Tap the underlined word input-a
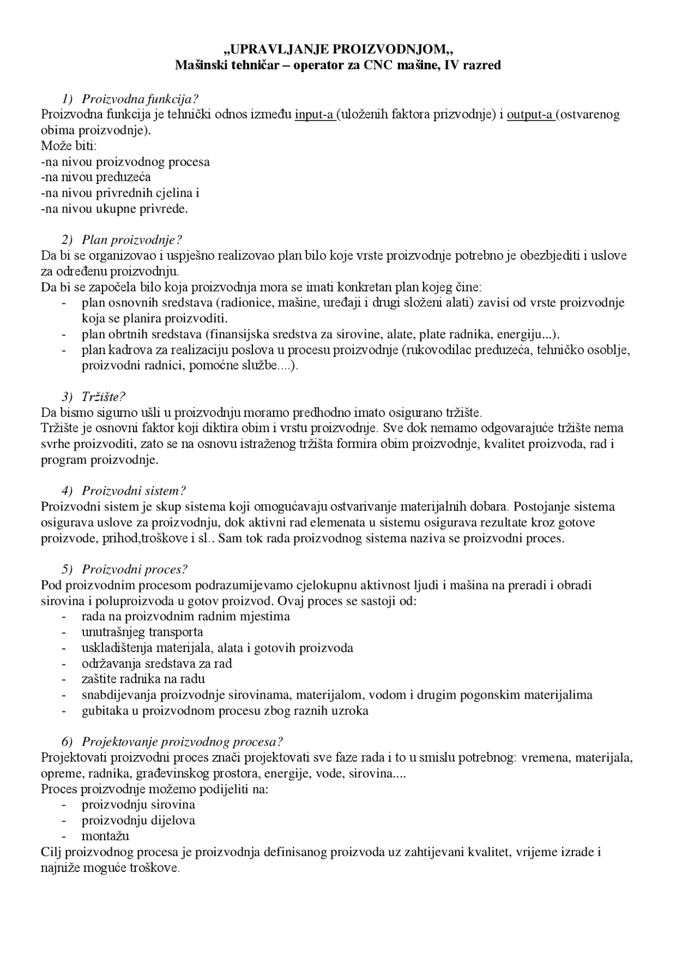pyautogui.click(x=315, y=115)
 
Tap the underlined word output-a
pyautogui.click(x=531, y=115)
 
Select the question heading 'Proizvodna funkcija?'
pyautogui.click(x=140, y=99)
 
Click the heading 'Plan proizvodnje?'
pyautogui.click(x=132, y=240)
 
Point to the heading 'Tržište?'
pyautogui.click(x=104, y=397)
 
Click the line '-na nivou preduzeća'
pyautogui.click(x=96, y=177)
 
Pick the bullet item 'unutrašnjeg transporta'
pyautogui.click(x=142, y=632)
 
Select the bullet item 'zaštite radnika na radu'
pyautogui.click(x=143, y=679)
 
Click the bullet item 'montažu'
pyautogui.click(x=105, y=837)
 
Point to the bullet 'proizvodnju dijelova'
pyautogui.click(x=138, y=821)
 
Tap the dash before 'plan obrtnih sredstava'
pyautogui.click(x=64, y=335)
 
